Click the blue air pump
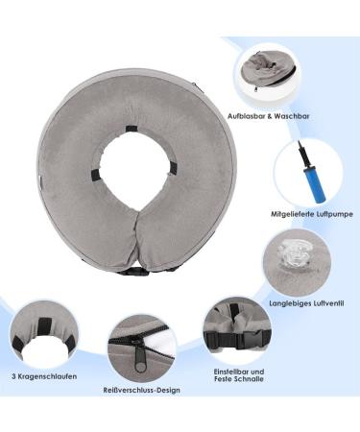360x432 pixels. pyautogui.click(x=305, y=174)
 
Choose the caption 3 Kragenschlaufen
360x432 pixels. pyautogui.click(x=46, y=377)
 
